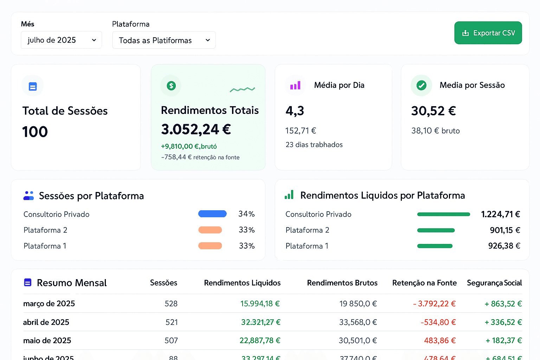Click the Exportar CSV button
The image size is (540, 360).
488,33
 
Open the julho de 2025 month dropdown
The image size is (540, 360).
61,40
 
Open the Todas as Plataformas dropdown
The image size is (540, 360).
164,40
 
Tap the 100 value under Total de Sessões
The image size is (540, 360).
35,132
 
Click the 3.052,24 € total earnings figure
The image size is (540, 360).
196,129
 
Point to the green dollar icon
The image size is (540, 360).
171,85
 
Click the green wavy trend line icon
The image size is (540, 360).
242,90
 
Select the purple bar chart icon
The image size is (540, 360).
295,85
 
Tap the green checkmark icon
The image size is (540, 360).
421,85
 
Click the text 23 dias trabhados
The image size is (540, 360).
314,145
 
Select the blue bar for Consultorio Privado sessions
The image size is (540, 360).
212,214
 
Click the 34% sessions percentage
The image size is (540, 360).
246,214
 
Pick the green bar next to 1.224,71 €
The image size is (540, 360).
443,214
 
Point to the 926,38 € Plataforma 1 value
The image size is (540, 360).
504,246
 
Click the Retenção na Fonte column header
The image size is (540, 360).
424,283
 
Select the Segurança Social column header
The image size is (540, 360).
494,283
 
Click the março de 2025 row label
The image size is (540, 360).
49,304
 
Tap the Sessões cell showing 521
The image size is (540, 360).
172,322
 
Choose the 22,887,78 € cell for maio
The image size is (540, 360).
260,341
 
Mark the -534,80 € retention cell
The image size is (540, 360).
438,322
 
